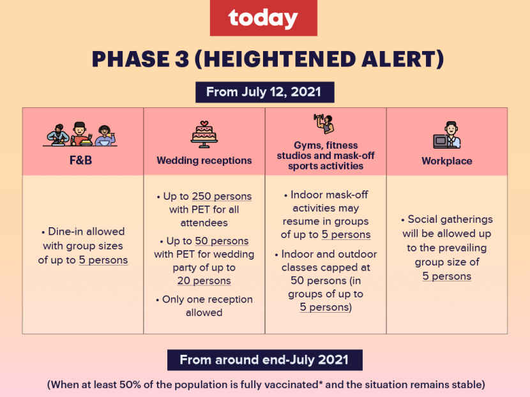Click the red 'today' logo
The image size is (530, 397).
point(263,18)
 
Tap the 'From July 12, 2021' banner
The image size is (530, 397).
point(264,92)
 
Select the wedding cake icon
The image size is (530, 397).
point(204,135)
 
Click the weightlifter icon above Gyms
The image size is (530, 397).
point(324,124)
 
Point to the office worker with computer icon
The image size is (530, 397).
point(447,135)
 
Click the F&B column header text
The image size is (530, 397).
point(81,160)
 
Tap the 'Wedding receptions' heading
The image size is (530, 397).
point(204,160)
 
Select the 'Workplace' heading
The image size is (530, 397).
point(447,161)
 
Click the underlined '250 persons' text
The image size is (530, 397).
point(222,197)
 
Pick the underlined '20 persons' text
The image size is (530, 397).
point(204,281)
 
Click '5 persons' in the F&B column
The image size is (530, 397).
point(103,260)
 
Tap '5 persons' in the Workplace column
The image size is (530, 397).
point(447,276)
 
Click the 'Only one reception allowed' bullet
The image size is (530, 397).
point(204,306)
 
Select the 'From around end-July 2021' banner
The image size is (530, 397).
point(264,360)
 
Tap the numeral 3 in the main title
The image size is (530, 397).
point(182,59)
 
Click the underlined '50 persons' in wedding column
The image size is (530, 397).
point(222,241)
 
